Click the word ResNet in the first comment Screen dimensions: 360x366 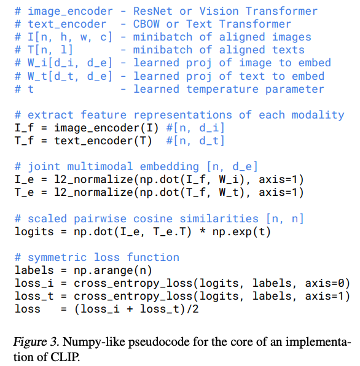coord(153,11)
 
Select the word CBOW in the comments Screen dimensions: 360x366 coord(146,24)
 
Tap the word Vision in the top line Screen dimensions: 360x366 coord(219,11)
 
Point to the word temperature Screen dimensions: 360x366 coord(222,90)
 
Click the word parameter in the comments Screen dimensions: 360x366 coord(295,90)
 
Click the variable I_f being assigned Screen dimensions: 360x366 coord(24,128)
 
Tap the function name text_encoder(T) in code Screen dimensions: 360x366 coord(103,141)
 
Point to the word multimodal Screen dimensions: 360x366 coord(100,166)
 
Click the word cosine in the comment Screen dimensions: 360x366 coord(153,219)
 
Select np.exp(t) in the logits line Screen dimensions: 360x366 coord(241,232)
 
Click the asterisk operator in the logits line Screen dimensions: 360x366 coord(203,231)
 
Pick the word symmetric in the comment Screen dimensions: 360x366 coord(57,258)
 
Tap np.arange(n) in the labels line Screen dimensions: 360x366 coord(113,271)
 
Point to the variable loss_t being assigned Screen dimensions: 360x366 coord(34,296)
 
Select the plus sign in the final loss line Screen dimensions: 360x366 coord(130,310)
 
